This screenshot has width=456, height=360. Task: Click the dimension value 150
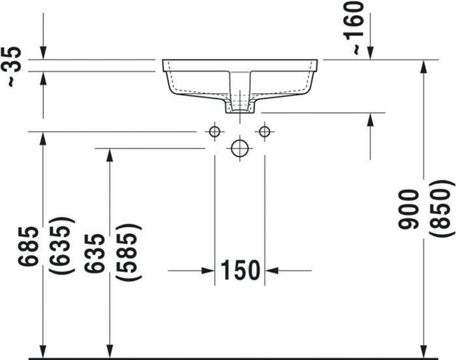tap(239, 270)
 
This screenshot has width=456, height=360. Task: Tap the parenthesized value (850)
tap(442, 209)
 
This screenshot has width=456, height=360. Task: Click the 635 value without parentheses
tap(95, 252)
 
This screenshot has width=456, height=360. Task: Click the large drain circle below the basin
tap(239, 149)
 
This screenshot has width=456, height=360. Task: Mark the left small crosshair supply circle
tap(215, 132)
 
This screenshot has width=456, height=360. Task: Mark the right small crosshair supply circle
tap(264, 132)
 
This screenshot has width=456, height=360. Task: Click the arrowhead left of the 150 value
tap(208, 270)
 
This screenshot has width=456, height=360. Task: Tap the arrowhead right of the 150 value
tap(271, 270)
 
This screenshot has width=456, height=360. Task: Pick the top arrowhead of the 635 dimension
tap(110, 155)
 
